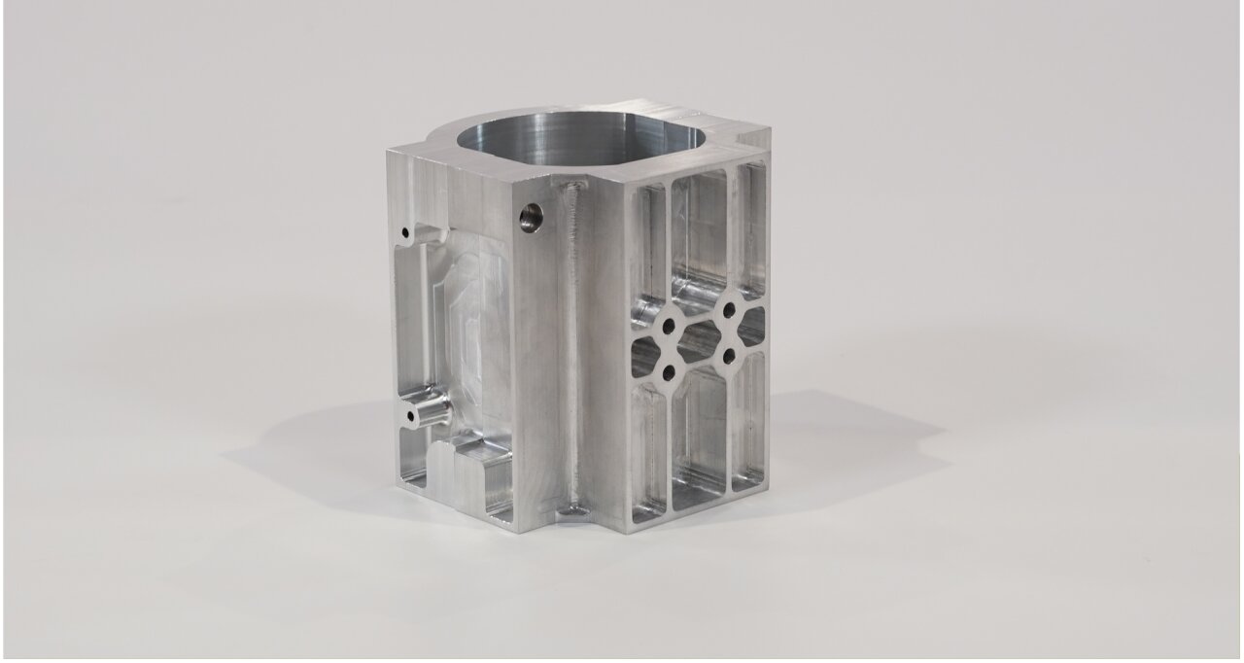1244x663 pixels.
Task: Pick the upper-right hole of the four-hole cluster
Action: click(x=726, y=310)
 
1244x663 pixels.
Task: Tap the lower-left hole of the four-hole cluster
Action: click(x=670, y=370)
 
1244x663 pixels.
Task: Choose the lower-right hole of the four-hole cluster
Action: click(x=727, y=354)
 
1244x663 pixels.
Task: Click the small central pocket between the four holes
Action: click(x=698, y=341)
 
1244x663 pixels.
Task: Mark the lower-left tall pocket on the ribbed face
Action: click(x=649, y=447)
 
